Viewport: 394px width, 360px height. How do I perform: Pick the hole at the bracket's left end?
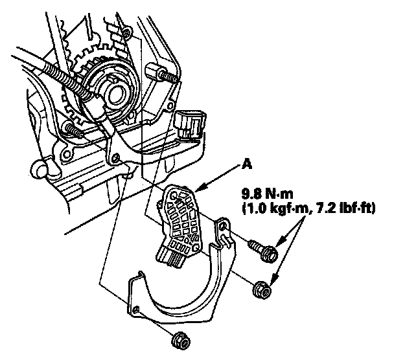(137, 308)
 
